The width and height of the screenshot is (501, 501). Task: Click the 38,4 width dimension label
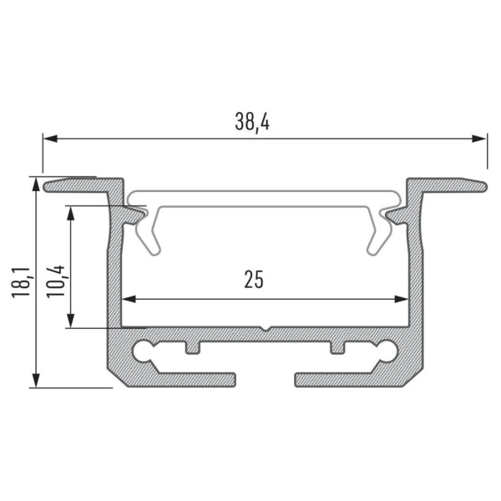[252, 121]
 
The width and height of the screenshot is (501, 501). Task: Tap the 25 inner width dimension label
[254, 280]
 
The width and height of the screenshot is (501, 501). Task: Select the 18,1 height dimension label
[23, 282]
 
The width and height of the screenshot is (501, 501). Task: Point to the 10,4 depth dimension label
[57, 282]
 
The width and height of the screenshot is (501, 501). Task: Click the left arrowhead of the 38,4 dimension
[50, 139]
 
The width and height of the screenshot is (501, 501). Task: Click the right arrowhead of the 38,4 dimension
[479, 139]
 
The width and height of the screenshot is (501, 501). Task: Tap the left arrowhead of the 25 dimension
[129, 299]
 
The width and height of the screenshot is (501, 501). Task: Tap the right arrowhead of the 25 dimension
[402, 299]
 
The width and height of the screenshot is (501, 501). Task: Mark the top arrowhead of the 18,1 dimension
[36, 185]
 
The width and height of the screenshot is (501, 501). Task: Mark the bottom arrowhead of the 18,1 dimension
[36, 380]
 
